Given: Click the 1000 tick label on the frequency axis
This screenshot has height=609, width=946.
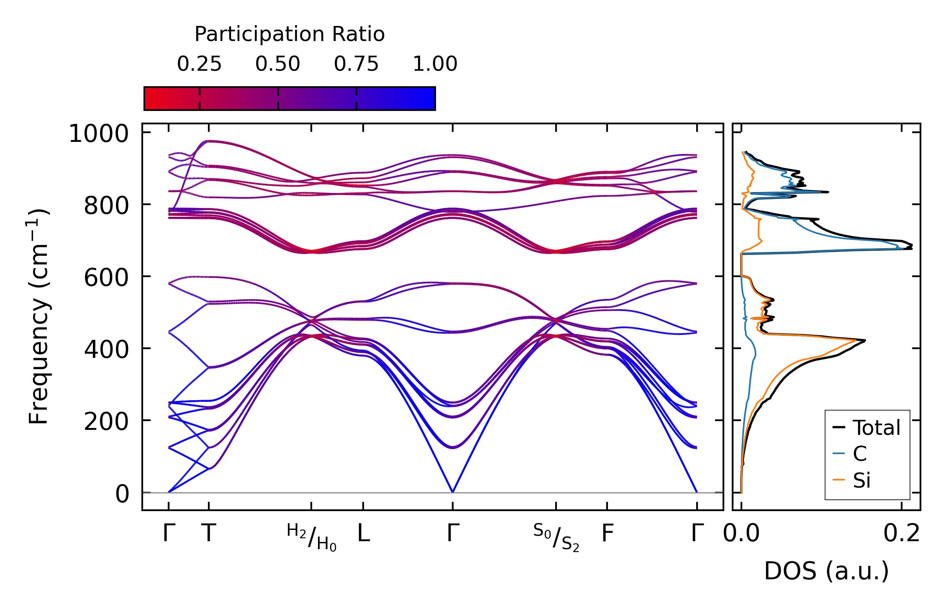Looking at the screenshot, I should click(x=99, y=135).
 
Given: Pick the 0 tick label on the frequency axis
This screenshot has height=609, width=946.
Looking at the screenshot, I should click(x=122, y=494).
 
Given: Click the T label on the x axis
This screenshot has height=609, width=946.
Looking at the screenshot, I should click(x=209, y=534).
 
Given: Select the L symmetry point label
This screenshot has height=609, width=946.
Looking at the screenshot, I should click(x=363, y=534).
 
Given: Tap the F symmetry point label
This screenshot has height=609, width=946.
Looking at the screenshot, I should click(x=607, y=534).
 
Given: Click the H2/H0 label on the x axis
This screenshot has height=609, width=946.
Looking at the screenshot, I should click(x=312, y=537).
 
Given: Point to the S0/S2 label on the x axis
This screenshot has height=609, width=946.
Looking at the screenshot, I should click(x=556, y=537).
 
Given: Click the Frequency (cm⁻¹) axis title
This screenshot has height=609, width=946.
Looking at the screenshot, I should click(x=39, y=316).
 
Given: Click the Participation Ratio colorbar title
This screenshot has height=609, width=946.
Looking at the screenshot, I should click(x=290, y=34).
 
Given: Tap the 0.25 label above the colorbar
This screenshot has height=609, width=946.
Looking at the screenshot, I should click(x=199, y=64).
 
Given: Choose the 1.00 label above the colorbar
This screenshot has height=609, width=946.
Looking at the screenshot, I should click(x=435, y=64).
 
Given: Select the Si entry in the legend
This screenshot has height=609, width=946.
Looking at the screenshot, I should click(x=861, y=481).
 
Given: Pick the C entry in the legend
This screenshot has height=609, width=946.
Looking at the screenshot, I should click(x=859, y=454).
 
